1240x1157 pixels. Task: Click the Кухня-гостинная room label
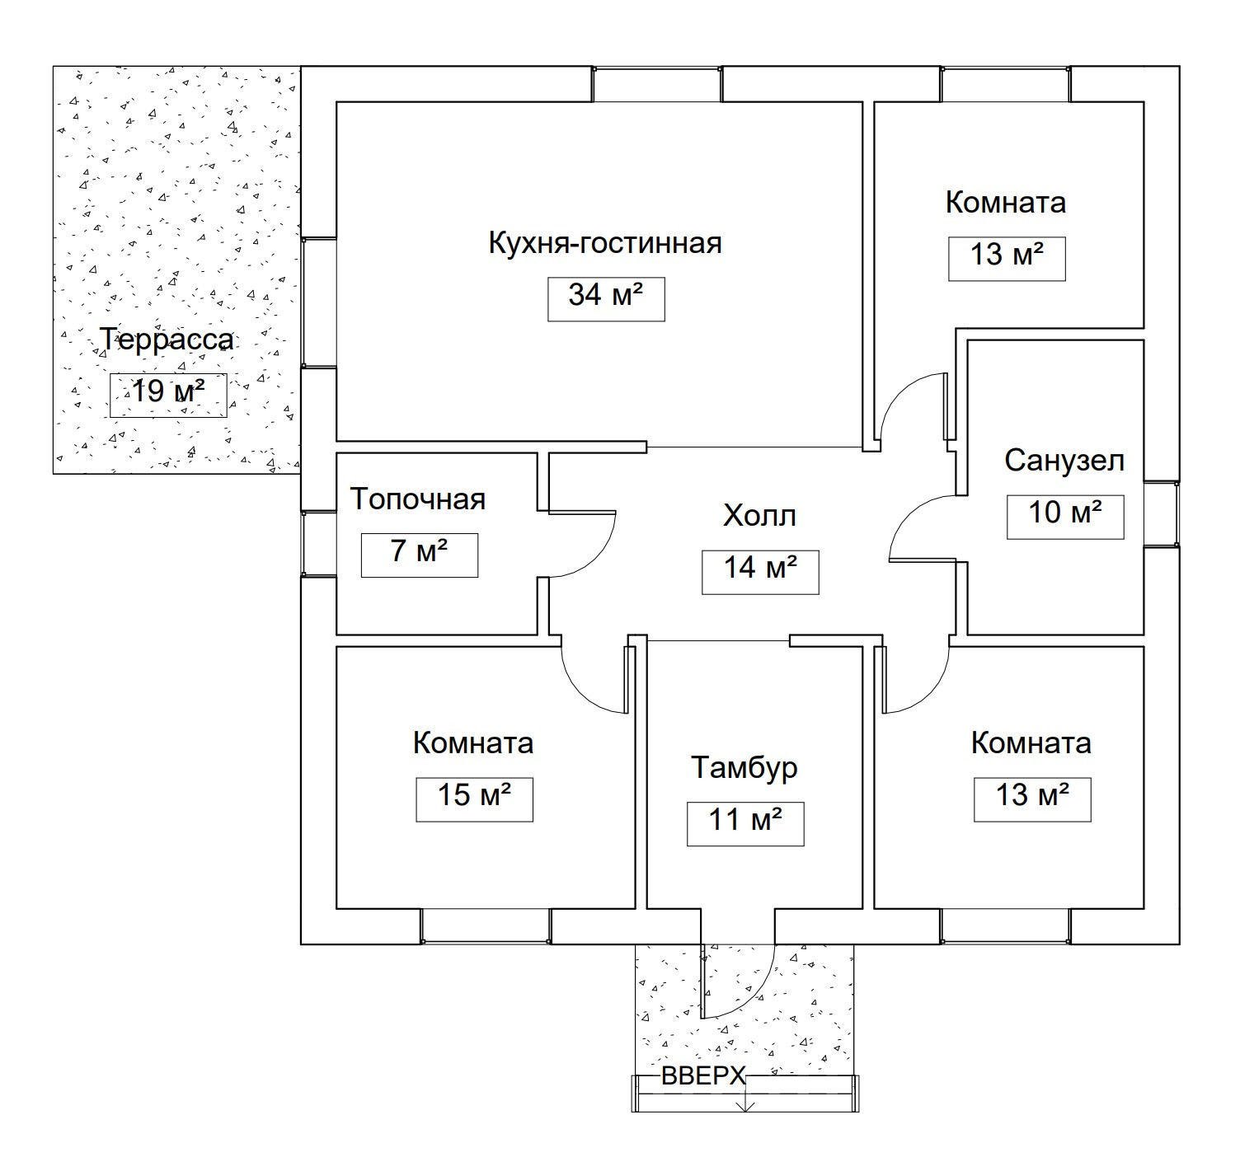pos(605,244)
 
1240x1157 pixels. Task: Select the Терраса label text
pos(167,340)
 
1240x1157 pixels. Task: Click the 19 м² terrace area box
pos(168,395)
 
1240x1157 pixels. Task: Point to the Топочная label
pos(418,499)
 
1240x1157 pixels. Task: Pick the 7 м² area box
pos(419,555)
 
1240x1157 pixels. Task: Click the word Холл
pos(759,517)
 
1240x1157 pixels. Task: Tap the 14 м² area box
pos(760,571)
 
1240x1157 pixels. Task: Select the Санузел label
pos(1064,461)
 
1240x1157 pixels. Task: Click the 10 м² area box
pos(1064,517)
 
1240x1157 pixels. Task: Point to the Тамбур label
pos(744,767)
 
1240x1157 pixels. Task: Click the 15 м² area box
pos(474,799)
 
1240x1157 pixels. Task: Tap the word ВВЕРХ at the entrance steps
pos(704,1076)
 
